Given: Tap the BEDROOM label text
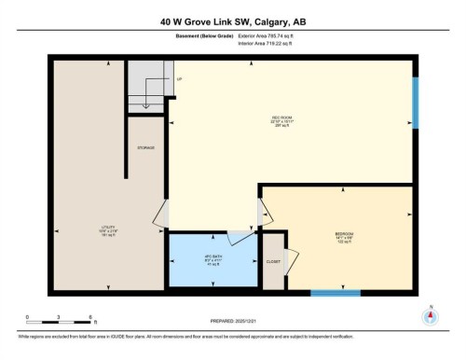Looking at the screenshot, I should [344, 234].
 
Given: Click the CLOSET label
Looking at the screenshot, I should [273, 262].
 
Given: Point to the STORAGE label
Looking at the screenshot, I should [145, 147].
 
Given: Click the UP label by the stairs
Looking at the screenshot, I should [178, 79].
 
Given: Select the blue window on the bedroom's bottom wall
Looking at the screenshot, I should [336, 293].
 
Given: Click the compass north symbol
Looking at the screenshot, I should [430, 313].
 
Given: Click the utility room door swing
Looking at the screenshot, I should [160, 216].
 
